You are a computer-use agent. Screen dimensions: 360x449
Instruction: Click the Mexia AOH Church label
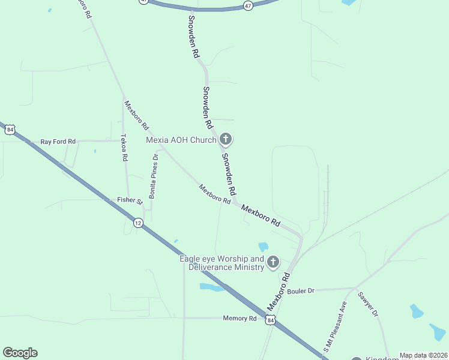point(181,140)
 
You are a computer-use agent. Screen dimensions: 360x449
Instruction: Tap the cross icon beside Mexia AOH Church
point(226,140)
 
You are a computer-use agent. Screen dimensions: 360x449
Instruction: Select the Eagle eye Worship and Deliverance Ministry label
point(222,263)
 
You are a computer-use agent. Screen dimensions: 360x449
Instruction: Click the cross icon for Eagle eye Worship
point(273,262)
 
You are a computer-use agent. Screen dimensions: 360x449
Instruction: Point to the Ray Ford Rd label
point(58,142)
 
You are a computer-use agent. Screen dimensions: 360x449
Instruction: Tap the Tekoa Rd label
point(124,147)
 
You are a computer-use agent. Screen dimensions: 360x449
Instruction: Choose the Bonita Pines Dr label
point(153,176)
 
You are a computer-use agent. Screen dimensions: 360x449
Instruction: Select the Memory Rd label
point(240,318)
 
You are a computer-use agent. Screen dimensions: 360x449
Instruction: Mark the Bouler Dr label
point(301,291)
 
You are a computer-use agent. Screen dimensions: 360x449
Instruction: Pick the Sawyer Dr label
point(367,305)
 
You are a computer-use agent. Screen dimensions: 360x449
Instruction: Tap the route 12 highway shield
point(139,223)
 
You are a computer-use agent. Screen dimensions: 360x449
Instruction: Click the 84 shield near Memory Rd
point(271,321)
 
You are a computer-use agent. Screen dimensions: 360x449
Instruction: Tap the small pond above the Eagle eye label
point(263,246)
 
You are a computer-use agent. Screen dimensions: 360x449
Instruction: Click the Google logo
point(20,353)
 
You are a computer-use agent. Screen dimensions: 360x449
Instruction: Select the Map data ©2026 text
point(423,355)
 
